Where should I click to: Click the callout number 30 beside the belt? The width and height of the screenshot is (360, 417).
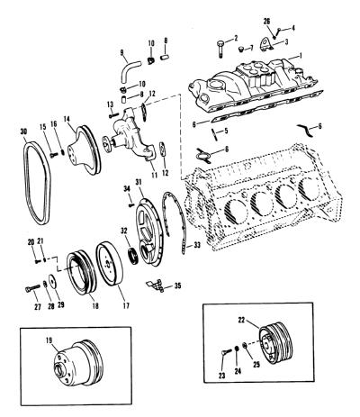coord(23,131)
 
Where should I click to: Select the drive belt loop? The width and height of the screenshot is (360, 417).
coord(26,180)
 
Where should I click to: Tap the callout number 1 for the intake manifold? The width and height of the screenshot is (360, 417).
coord(301,56)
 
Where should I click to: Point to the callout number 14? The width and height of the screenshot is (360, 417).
coord(67,119)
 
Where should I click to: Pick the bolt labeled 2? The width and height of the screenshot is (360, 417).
coord(220,48)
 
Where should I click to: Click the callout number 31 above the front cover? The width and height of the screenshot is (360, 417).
coord(139,182)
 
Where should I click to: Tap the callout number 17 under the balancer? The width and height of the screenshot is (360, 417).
coord(126,305)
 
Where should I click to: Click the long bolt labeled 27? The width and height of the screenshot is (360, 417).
coord(32,288)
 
